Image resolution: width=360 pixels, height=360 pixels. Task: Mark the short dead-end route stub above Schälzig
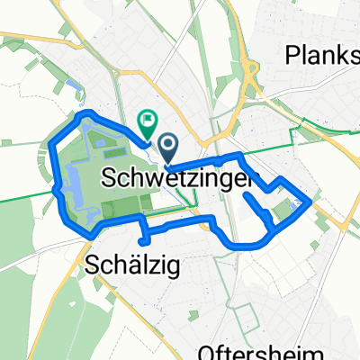pyautogui.click(x=142, y=238)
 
